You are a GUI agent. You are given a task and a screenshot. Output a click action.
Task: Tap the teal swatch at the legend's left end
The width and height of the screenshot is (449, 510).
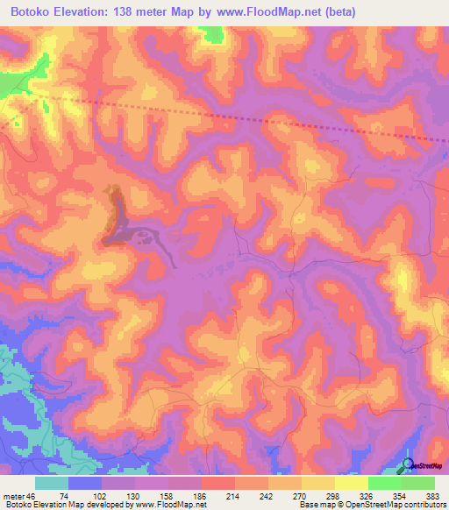point(52,483)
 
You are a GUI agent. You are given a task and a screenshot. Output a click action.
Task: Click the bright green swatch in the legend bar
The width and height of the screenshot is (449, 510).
point(385,483)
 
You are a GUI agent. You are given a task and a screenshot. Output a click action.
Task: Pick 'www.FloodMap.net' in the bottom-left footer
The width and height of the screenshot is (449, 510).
point(172,505)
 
